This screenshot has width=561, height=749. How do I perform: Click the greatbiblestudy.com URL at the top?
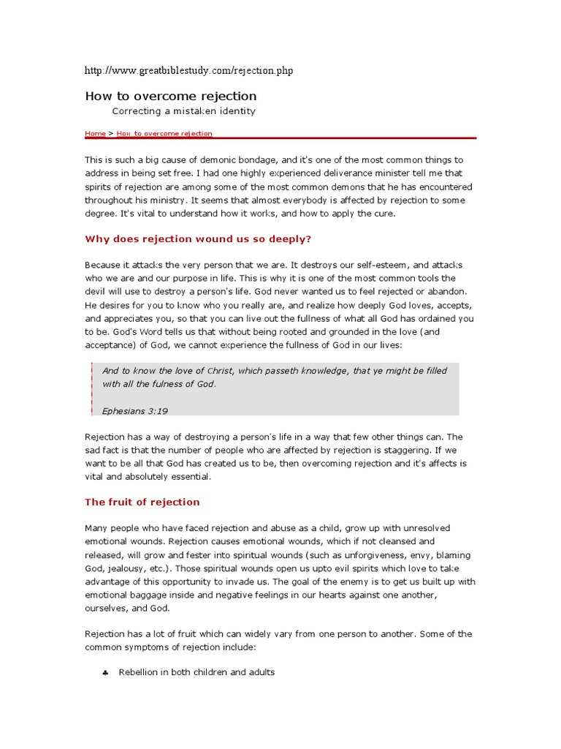coord(189,70)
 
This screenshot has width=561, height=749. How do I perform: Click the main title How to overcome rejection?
coord(171,96)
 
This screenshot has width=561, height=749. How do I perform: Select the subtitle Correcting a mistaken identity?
coord(183,111)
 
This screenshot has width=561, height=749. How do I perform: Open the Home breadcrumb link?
coord(95,134)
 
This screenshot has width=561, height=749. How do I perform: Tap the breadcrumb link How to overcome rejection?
coord(164,134)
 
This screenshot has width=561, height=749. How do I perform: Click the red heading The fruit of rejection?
coord(142,502)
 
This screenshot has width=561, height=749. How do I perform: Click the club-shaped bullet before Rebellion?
coord(105,672)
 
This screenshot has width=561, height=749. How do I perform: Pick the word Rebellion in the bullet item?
coord(141,672)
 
